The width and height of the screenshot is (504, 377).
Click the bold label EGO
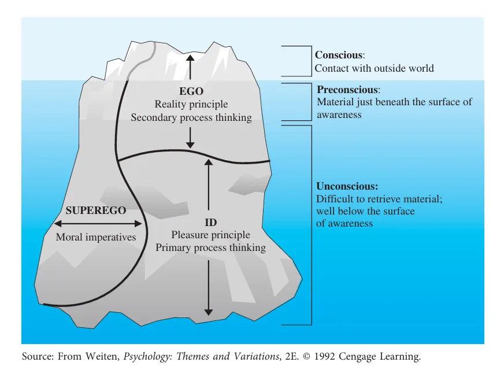click(x=191, y=91)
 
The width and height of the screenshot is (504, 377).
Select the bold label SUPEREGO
click(x=96, y=210)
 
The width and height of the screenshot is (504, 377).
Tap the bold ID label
click(x=210, y=223)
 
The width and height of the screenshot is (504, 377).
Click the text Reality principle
click(x=191, y=105)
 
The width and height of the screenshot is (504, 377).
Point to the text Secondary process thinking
click(x=191, y=118)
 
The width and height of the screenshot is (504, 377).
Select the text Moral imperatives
click(x=96, y=238)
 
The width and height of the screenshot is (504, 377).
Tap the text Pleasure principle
click(x=210, y=235)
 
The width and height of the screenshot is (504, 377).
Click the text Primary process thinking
click(x=210, y=248)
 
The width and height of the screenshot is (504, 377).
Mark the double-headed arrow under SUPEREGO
click(x=98, y=224)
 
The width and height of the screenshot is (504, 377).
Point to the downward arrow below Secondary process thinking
click(x=191, y=137)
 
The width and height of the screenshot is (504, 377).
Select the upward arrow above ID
click(x=209, y=184)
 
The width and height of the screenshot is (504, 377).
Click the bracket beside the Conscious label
click(x=304, y=61)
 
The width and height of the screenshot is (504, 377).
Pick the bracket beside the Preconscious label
click(x=305, y=102)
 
